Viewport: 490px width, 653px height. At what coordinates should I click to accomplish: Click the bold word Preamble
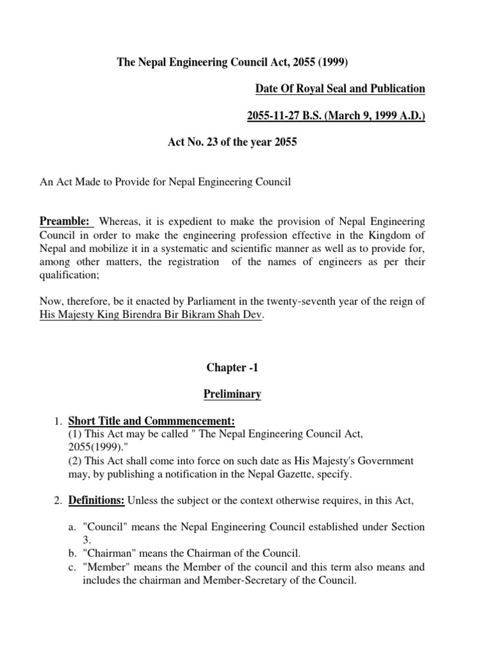[x=64, y=221]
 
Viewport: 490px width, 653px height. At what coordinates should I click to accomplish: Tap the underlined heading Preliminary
[x=232, y=394]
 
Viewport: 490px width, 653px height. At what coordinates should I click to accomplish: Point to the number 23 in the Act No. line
[x=215, y=142]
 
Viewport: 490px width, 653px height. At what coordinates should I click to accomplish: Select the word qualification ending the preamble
[x=65, y=275]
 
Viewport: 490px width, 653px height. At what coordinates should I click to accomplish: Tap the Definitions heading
[x=96, y=501]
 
